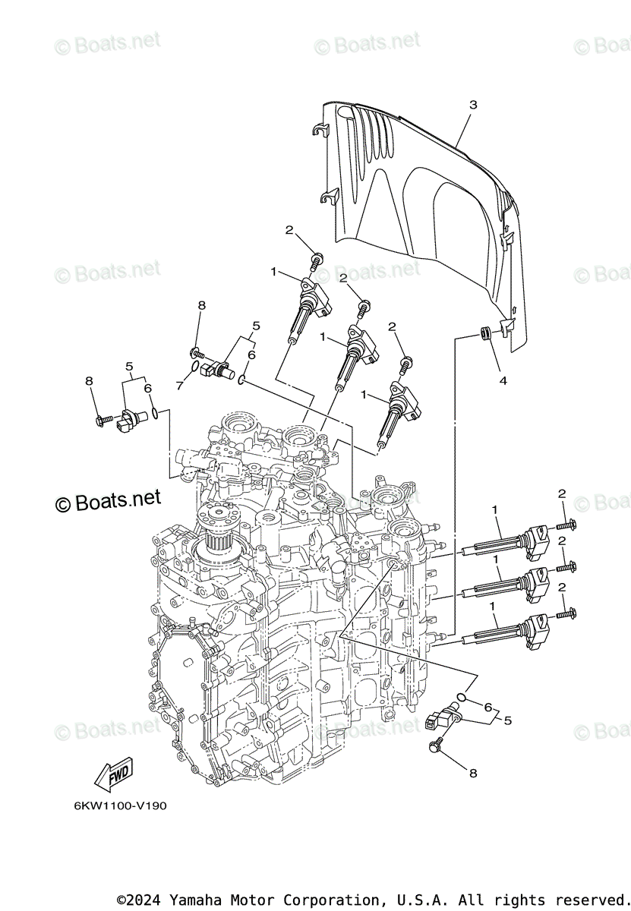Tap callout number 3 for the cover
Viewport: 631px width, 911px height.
pyautogui.click(x=472, y=105)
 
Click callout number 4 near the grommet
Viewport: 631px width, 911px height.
pyautogui.click(x=502, y=381)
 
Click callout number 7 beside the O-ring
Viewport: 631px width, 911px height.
pyautogui.click(x=180, y=386)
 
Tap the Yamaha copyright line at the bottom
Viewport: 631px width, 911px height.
pyautogui.click(x=373, y=900)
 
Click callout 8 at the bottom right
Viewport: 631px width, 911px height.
pyautogui.click(x=472, y=773)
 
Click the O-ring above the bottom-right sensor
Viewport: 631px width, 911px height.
pyautogui.click(x=462, y=696)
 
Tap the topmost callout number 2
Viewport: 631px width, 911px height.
pyautogui.click(x=289, y=229)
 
